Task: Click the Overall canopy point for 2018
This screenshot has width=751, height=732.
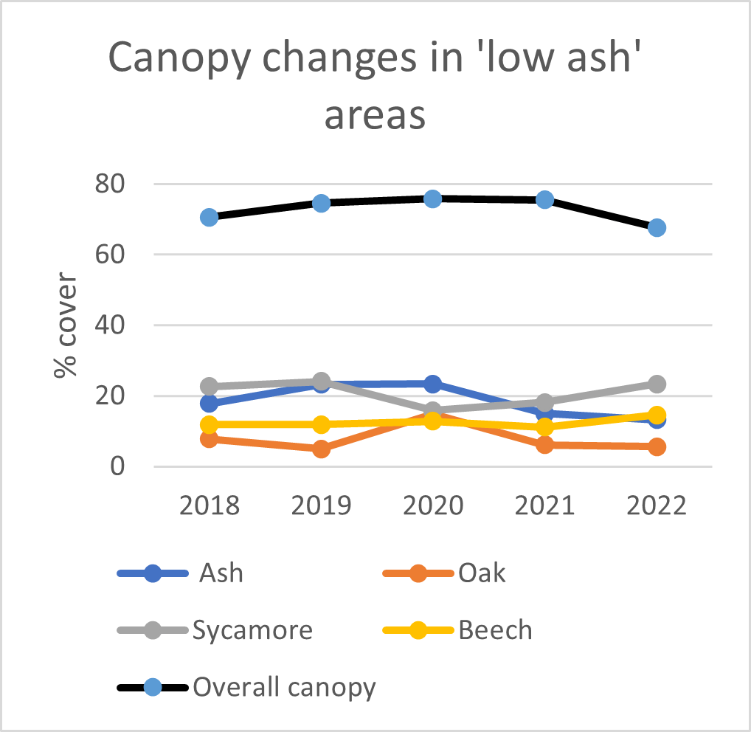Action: [x=209, y=217]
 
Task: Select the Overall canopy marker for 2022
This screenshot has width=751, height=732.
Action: [x=657, y=227]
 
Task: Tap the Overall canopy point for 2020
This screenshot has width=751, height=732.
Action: [x=432, y=198]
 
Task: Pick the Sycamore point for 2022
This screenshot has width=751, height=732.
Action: [x=657, y=384]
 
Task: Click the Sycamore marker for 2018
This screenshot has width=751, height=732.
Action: [x=209, y=386]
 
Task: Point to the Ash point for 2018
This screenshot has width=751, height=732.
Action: [x=209, y=404]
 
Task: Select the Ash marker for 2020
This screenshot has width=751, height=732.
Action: [x=432, y=384]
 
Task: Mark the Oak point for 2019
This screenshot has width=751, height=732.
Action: [x=321, y=449]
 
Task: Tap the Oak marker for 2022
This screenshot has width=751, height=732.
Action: [x=657, y=446]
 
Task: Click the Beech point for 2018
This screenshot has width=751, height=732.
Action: [x=209, y=424]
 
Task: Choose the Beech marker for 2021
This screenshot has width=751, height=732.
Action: [x=544, y=427]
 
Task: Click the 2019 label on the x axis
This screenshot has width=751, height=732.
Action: [x=321, y=507]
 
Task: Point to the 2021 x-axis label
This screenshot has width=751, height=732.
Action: [x=544, y=507]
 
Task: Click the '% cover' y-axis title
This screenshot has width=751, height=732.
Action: [x=66, y=325]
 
